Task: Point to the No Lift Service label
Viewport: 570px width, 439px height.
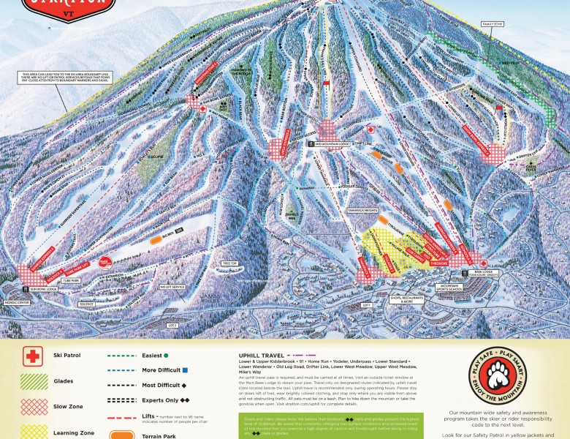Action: [x=172, y=287]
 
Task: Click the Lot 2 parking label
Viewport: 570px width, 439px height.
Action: [x=172, y=324]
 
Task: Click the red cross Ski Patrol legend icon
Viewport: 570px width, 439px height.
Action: [x=31, y=356]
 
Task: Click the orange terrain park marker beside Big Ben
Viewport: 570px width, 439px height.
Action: [x=156, y=239]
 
